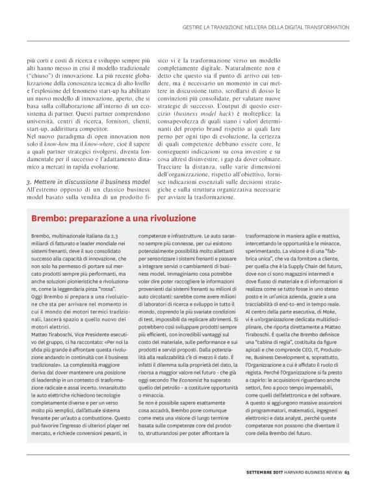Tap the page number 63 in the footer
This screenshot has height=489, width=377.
pyautogui.click(x=348, y=473)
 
